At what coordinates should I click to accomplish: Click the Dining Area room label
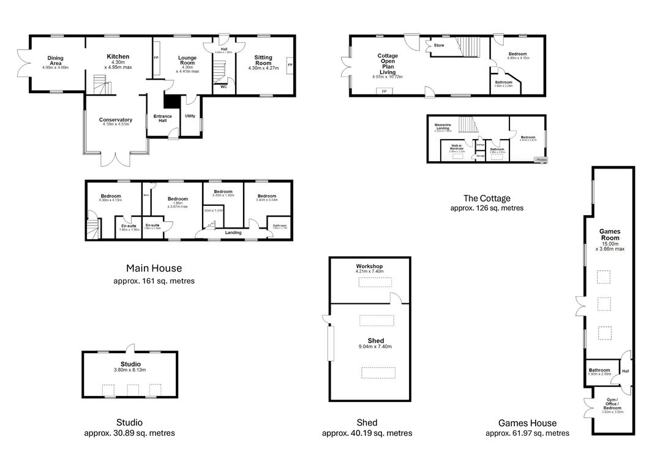tap(56, 59)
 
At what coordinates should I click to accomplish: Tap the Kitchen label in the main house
tap(118, 57)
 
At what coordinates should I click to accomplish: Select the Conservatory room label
tap(116, 120)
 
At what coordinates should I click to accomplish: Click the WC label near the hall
tap(223, 87)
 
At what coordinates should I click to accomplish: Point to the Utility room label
tap(190, 115)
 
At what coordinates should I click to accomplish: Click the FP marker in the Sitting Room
tap(290, 64)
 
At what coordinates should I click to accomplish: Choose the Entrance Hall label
tap(163, 118)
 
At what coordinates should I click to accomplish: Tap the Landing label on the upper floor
tap(233, 233)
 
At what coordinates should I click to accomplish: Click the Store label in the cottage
tap(439, 45)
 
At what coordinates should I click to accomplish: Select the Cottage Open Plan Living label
tap(387, 64)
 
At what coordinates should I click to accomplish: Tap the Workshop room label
tap(369, 267)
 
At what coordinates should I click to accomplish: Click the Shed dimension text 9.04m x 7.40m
tap(376, 347)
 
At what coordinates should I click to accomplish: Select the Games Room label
tap(609, 235)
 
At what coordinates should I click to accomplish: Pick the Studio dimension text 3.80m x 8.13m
tap(129, 370)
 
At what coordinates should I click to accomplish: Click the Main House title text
tap(154, 268)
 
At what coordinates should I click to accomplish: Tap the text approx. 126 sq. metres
tap(487, 208)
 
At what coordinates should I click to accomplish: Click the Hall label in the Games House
tap(625, 371)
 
